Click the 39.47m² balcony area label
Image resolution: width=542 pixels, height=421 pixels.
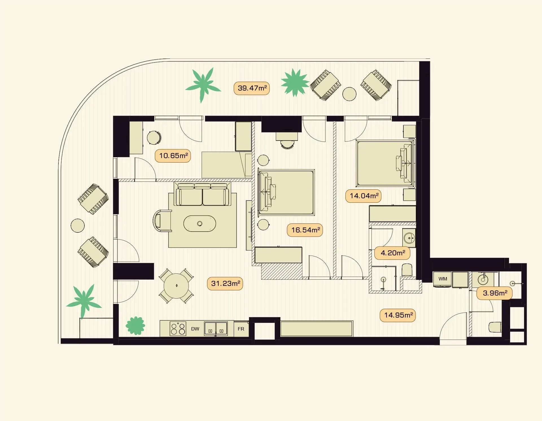(252, 88)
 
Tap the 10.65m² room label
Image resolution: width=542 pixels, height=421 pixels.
(173, 156)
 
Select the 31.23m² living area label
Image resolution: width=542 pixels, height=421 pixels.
(225, 284)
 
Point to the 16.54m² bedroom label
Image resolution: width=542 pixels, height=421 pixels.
(305, 230)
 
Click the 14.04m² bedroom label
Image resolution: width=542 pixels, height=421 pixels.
(363, 196)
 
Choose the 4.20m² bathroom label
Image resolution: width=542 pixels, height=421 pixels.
(392, 253)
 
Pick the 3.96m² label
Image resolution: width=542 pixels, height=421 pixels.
(495, 293)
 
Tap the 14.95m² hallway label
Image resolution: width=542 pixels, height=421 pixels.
(398, 315)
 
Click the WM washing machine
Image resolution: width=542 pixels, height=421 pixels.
(442, 279)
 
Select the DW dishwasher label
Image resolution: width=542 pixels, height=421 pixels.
(195, 329)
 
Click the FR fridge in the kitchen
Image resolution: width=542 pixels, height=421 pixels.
(241, 329)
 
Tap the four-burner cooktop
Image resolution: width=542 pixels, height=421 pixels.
(178, 329)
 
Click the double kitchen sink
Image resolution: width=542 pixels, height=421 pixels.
(216, 329)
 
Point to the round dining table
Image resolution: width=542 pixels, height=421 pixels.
(176, 286)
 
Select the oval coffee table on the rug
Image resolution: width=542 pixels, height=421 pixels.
(200, 224)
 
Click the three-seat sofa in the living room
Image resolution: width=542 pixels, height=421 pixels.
(202, 194)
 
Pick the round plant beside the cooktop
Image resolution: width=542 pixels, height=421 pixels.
(135, 325)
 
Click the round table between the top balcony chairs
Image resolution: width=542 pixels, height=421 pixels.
(349, 94)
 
